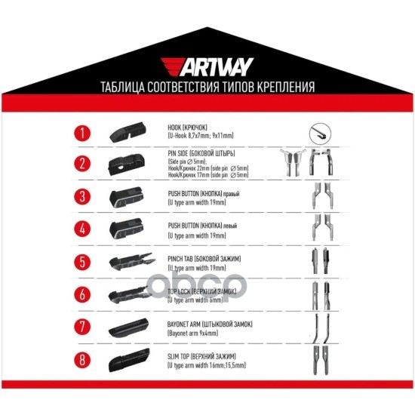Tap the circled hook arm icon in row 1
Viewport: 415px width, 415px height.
pos(320,134)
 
